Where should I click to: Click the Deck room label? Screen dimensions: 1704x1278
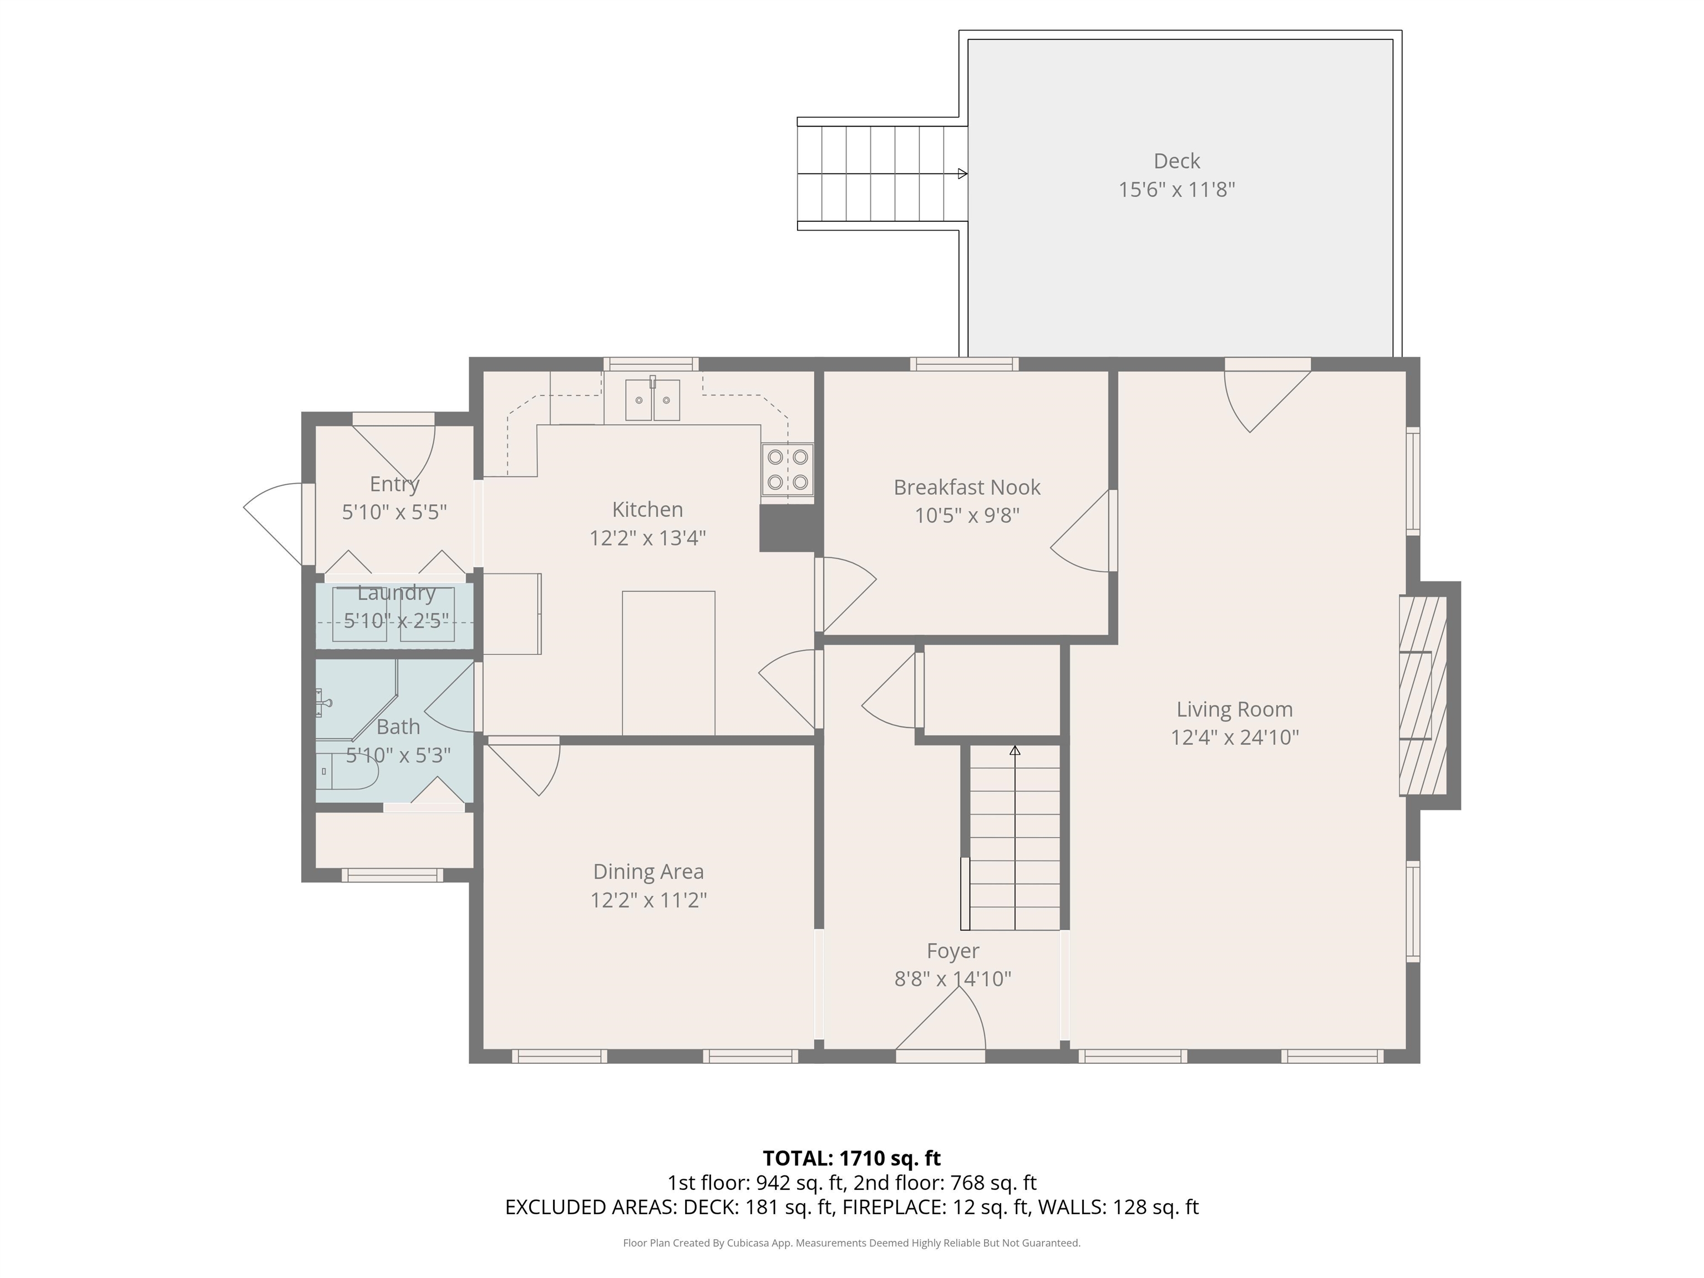(1176, 161)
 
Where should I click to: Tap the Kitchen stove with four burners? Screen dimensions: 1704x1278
(787, 470)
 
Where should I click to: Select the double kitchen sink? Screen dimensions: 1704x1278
(652, 400)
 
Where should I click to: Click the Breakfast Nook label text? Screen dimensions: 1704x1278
(967, 488)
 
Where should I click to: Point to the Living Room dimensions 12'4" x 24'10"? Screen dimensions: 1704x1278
(1235, 737)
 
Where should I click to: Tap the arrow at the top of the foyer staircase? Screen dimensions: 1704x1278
(1015, 750)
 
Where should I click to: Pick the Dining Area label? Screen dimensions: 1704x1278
(648, 872)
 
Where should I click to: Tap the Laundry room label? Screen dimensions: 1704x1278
(396, 593)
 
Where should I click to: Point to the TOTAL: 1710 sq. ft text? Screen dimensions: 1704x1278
(851, 1158)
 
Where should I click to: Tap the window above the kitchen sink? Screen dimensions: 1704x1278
(651, 364)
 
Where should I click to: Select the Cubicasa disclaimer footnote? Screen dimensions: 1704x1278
(851, 1242)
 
